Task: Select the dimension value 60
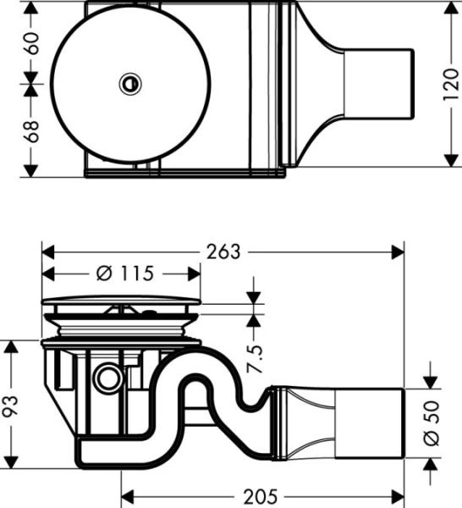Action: [x=32, y=42]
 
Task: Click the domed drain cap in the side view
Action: [x=123, y=302]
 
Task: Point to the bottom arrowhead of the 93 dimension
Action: [x=10, y=456]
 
